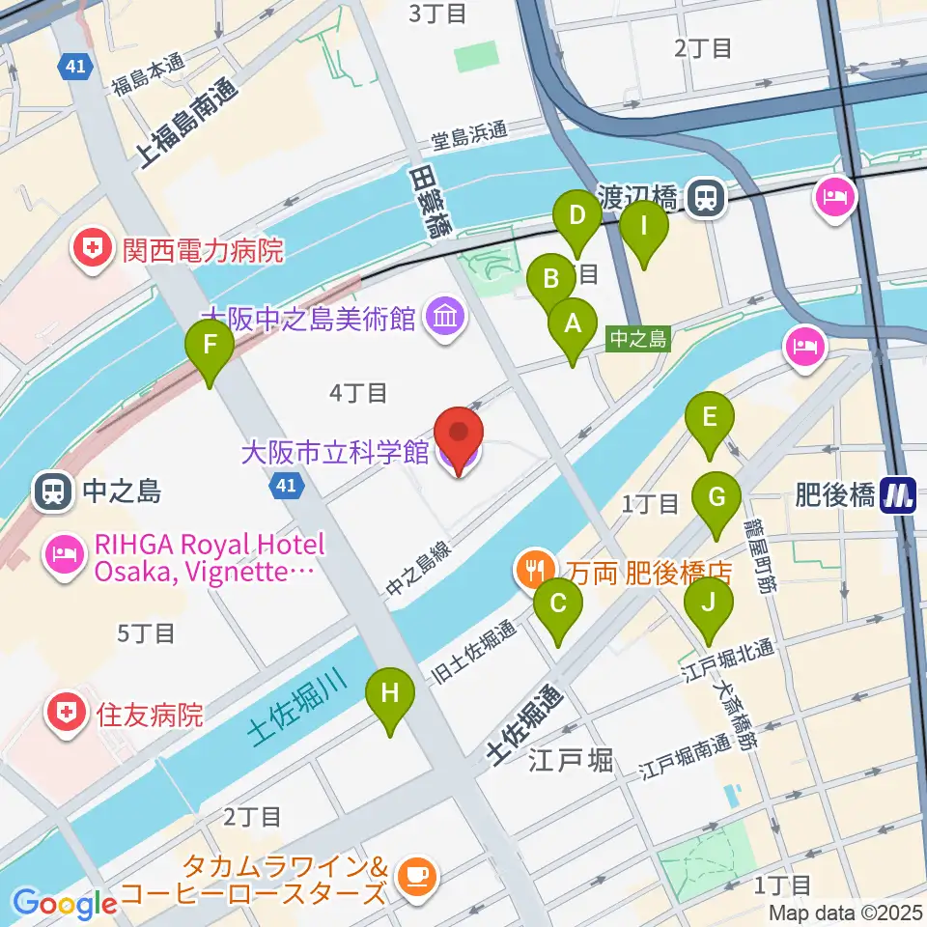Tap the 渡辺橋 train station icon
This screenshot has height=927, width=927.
coord(708,199)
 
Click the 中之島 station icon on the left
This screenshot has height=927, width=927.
coord(51,492)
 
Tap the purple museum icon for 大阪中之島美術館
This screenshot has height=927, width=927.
coord(445,316)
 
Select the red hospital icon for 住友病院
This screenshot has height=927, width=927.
coord(66,715)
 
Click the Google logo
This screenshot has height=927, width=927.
coord(65,904)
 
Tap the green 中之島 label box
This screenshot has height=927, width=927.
coord(637,339)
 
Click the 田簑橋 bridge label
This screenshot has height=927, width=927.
coord(431,201)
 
